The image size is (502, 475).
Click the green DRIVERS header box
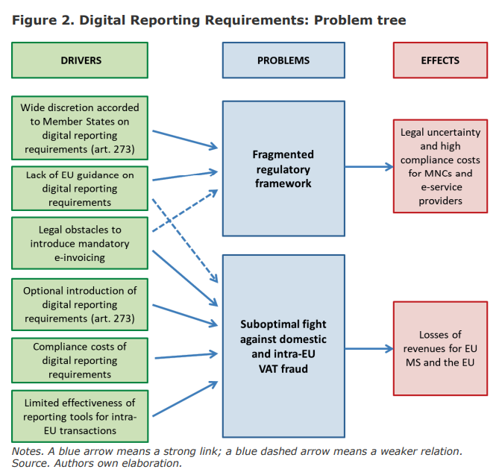(80, 60)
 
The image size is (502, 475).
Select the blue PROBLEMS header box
(283, 60)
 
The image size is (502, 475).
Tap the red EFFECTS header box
(440, 60)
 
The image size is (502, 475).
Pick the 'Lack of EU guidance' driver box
(80, 187)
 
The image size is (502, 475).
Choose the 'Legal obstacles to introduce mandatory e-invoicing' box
(80, 243)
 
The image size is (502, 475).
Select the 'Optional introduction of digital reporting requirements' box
(80, 304)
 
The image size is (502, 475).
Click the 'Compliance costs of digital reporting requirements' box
(80, 360)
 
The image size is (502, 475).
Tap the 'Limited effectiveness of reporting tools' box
(80, 416)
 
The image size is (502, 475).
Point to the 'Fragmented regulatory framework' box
(283, 168)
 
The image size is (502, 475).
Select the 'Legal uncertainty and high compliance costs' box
(440, 166)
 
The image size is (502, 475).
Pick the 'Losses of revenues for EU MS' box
(440, 349)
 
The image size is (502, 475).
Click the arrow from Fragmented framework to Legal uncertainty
(368, 168)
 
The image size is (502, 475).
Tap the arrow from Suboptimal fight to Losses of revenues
(368, 348)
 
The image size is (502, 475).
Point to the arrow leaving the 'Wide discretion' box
(184, 139)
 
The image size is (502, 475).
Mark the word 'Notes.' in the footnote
(27, 451)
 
